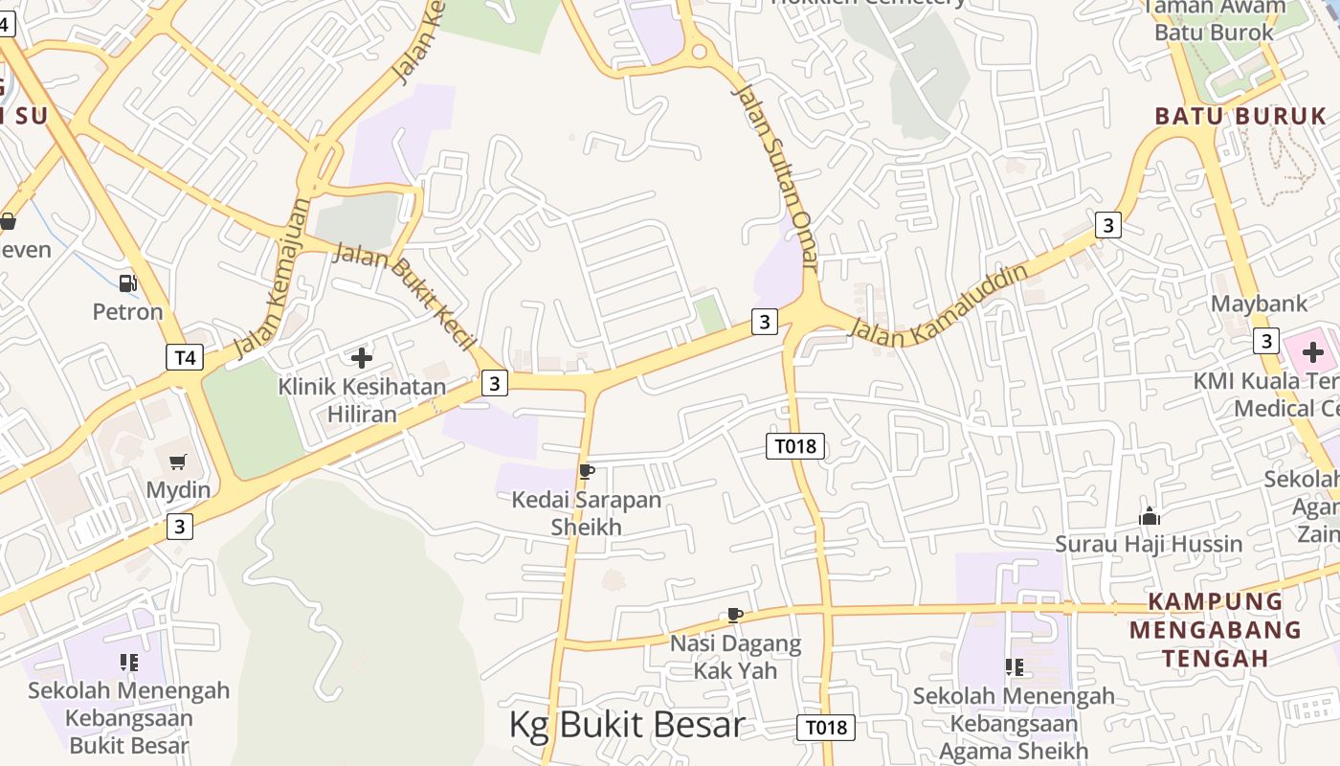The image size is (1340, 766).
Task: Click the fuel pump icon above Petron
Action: (127, 282)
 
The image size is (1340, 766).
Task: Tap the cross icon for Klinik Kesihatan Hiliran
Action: (362, 358)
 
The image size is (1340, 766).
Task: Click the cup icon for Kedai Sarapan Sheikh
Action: (587, 471)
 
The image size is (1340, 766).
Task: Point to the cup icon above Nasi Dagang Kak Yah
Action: (734, 615)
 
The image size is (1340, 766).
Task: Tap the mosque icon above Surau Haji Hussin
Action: (1150, 517)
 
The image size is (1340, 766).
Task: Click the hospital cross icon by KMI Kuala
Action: (1312, 352)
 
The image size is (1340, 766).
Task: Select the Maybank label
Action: (1259, 304)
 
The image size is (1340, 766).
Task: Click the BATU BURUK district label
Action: (1240, 117)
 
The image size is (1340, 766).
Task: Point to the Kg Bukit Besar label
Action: (626, 725)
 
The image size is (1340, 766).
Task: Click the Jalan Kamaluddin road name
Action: (938, 305)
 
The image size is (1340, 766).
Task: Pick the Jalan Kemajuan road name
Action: (273, 278)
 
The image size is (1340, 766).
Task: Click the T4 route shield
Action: (184, 358)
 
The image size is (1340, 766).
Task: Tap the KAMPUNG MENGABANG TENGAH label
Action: (1215, 630)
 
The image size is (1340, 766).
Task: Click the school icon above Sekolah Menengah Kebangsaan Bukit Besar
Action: (129, 662)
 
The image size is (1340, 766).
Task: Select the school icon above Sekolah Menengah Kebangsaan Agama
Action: (1014, 666)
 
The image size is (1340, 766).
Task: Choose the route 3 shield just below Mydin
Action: (179, 526)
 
